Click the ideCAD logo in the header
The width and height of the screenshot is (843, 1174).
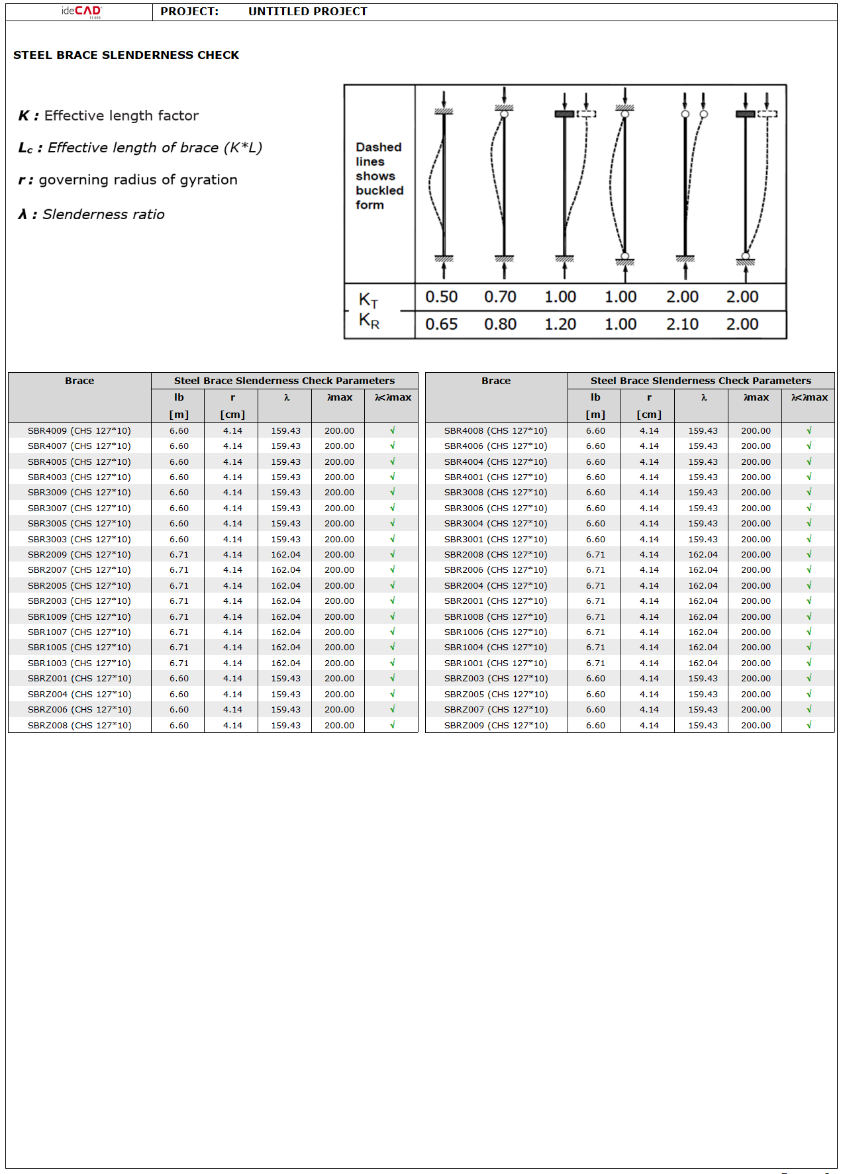(81, 11)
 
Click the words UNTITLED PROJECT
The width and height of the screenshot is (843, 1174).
(307, 11)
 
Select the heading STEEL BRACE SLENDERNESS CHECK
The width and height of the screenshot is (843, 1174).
(126, 55)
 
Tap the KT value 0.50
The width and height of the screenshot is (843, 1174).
(441, 297)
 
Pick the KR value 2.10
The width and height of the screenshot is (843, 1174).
(682, 324)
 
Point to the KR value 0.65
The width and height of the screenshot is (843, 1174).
(441, 324)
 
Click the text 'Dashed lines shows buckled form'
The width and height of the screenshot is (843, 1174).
(379, 176)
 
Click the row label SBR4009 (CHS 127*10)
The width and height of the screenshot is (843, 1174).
(79, 430)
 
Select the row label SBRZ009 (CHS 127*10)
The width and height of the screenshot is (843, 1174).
(496, 725)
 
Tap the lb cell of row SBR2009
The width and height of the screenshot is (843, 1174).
(179, 554)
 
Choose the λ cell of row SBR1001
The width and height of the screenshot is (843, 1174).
(703, 663)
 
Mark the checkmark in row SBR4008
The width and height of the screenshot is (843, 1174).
(809, 430)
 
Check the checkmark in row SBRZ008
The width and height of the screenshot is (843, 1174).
(392, 725)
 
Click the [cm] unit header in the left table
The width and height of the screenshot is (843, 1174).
(232, 415)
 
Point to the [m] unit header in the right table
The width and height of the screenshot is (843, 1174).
(595, 415)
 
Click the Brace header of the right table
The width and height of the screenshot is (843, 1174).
(496, 381)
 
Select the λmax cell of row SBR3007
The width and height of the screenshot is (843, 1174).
(339, 508)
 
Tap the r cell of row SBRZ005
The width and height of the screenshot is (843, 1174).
(649, 694)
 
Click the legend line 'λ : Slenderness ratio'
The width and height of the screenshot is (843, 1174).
(91, 215)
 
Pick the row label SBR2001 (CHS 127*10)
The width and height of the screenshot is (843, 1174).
(496, 601)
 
